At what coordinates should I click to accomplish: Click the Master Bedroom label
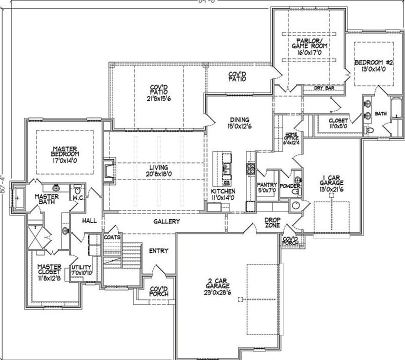point(65,151)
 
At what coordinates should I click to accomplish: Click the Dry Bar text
point(324,88)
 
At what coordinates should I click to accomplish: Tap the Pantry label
point(267,184)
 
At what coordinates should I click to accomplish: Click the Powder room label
point(290,185)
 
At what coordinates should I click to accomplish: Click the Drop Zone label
point(272,222)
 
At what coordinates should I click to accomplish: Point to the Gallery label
point(166,221)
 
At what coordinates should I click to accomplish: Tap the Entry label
point(159,250)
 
